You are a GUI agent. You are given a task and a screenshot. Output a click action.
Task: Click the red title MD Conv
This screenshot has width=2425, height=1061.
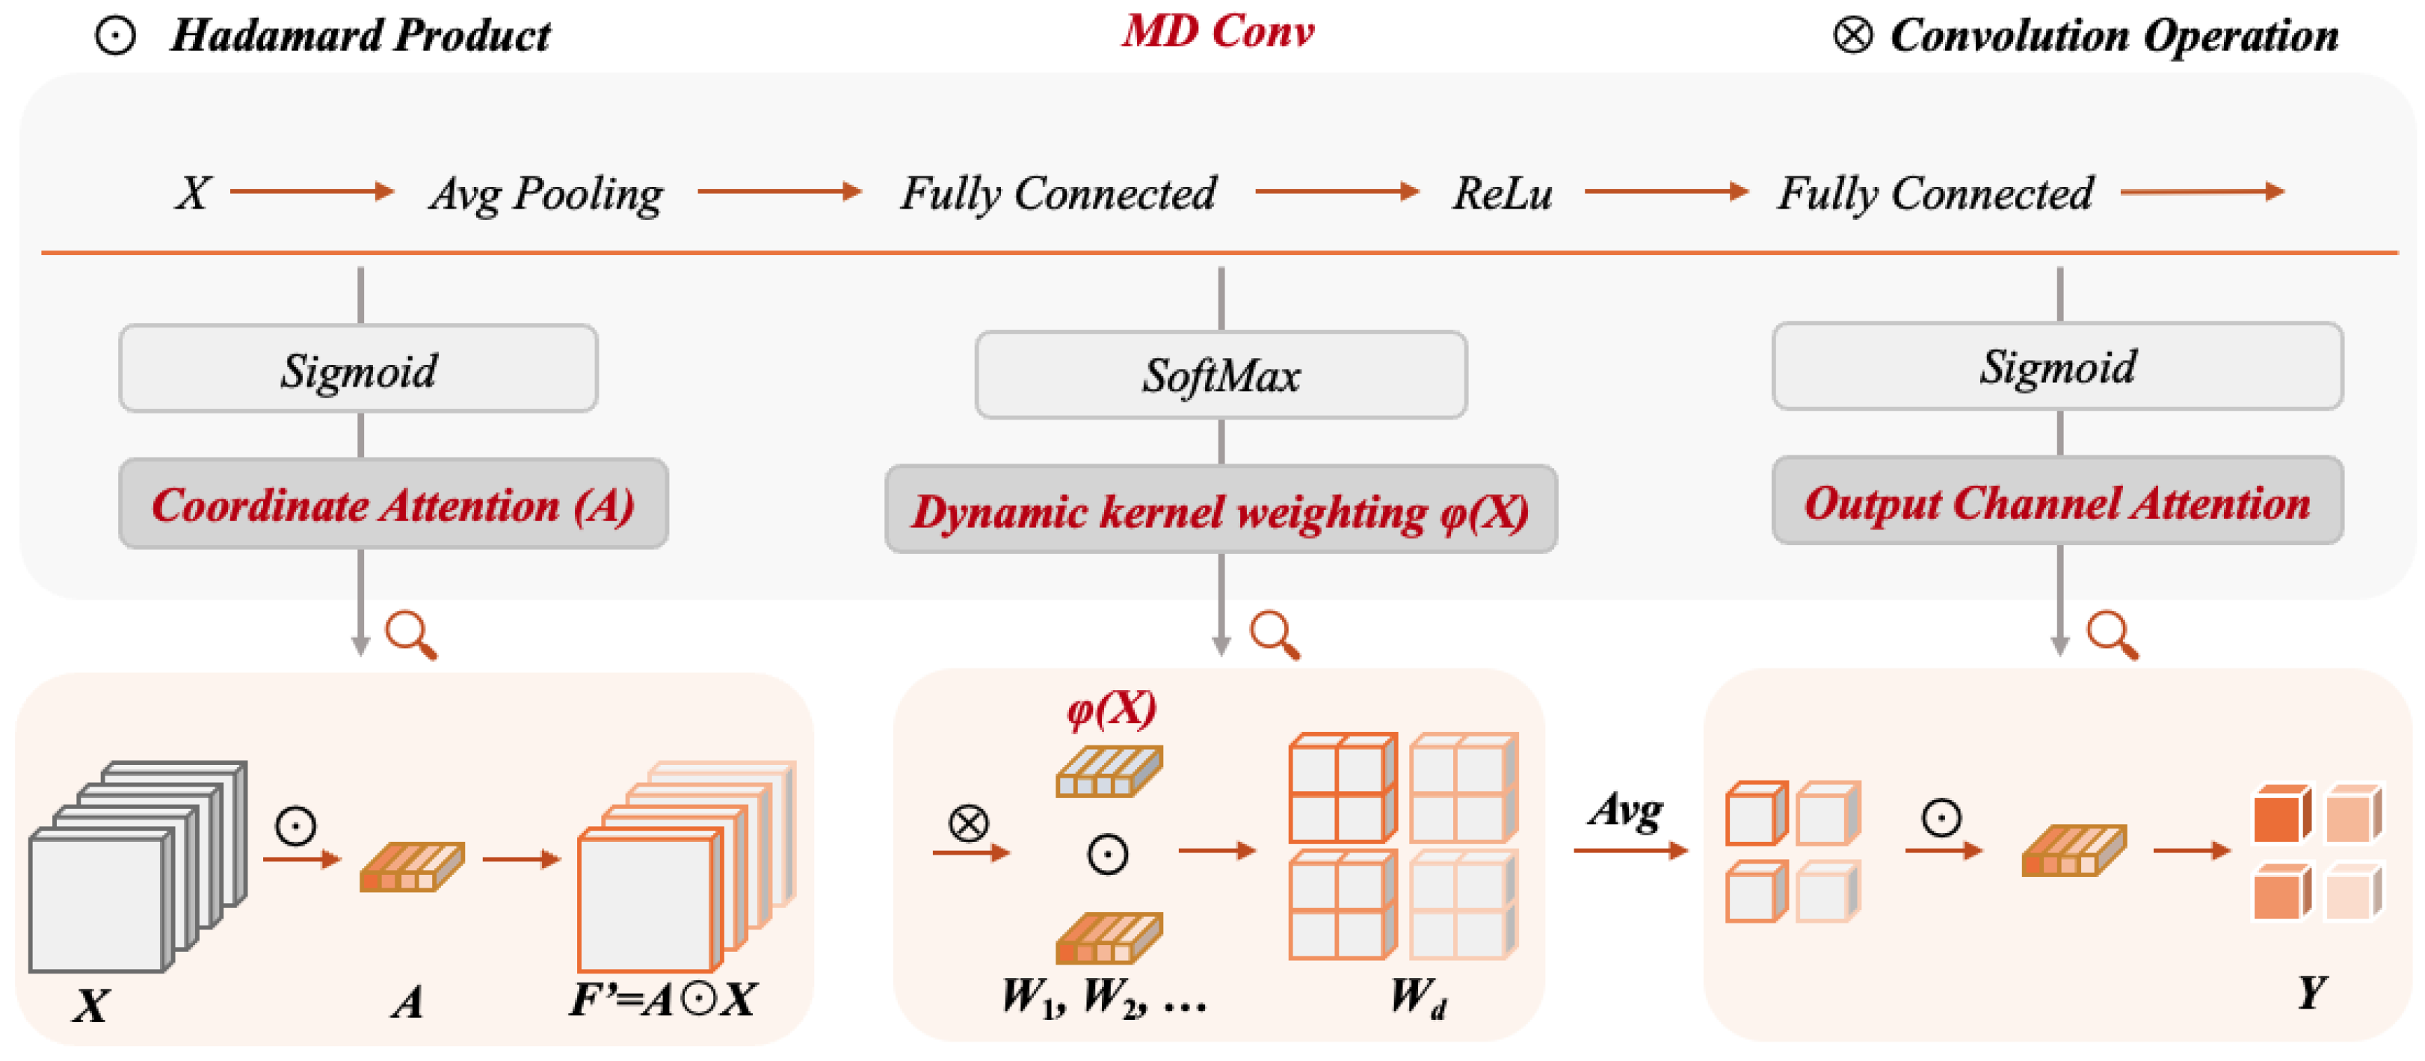pos(1217,32)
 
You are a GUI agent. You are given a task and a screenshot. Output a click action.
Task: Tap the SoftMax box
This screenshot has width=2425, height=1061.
pos(1221,375)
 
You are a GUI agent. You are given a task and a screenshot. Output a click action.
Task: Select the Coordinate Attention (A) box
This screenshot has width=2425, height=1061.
pos(393,505)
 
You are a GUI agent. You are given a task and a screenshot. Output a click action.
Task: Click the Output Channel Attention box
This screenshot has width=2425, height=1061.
pos(2057,502)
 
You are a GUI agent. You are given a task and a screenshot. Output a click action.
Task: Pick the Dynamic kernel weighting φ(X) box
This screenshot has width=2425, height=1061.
pos(1221,510)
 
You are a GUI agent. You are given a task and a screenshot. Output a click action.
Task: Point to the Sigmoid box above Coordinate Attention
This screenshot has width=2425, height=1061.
pos(358,369)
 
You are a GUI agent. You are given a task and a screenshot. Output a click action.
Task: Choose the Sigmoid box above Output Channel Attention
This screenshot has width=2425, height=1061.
pos(2057,366)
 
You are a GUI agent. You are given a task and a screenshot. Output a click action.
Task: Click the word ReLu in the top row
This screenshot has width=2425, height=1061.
pos(1502,193)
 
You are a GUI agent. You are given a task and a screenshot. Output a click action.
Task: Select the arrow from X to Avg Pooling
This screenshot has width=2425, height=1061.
pos(311,191)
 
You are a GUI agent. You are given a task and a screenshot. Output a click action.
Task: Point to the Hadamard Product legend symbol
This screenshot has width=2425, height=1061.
pos(115,36)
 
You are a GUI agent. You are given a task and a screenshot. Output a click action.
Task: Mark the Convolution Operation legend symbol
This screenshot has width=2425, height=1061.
pos(1852,36)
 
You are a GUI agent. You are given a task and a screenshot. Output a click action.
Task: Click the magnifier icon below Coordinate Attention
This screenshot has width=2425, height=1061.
pos(411,636)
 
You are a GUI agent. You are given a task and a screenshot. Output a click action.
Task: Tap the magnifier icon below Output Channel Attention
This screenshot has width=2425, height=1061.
pos(2112,636)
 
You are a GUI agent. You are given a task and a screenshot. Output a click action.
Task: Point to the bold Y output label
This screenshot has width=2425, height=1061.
pos(2311,992)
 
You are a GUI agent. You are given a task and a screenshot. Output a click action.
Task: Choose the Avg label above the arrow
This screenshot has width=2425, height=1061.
pos(1626,811)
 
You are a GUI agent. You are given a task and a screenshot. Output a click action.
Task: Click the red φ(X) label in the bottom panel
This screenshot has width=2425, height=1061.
pos(1111,708)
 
